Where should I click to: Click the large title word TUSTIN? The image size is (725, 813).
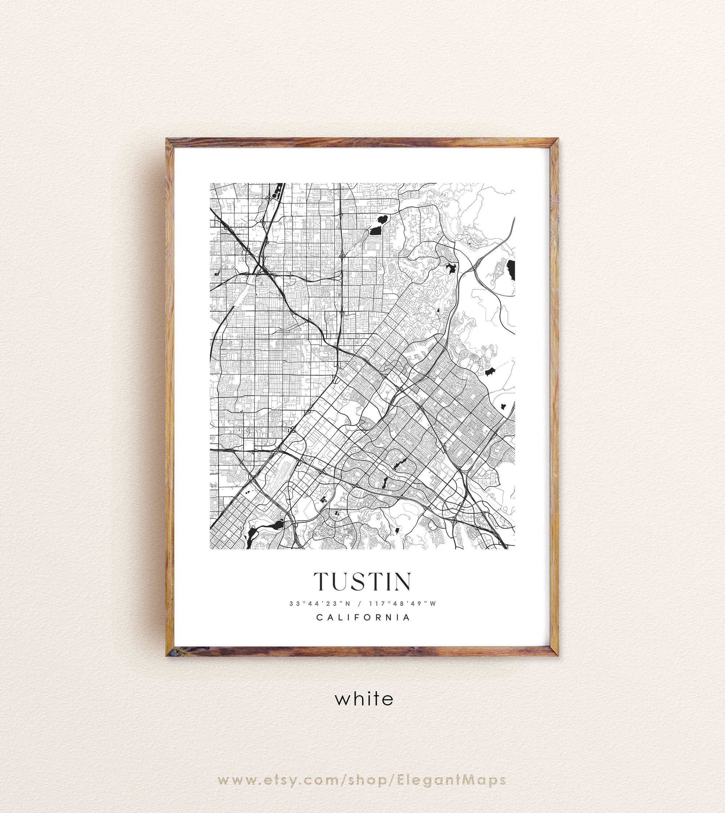362,582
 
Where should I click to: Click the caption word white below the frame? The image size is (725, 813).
364,699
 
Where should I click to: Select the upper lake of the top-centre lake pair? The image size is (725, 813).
383,218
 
